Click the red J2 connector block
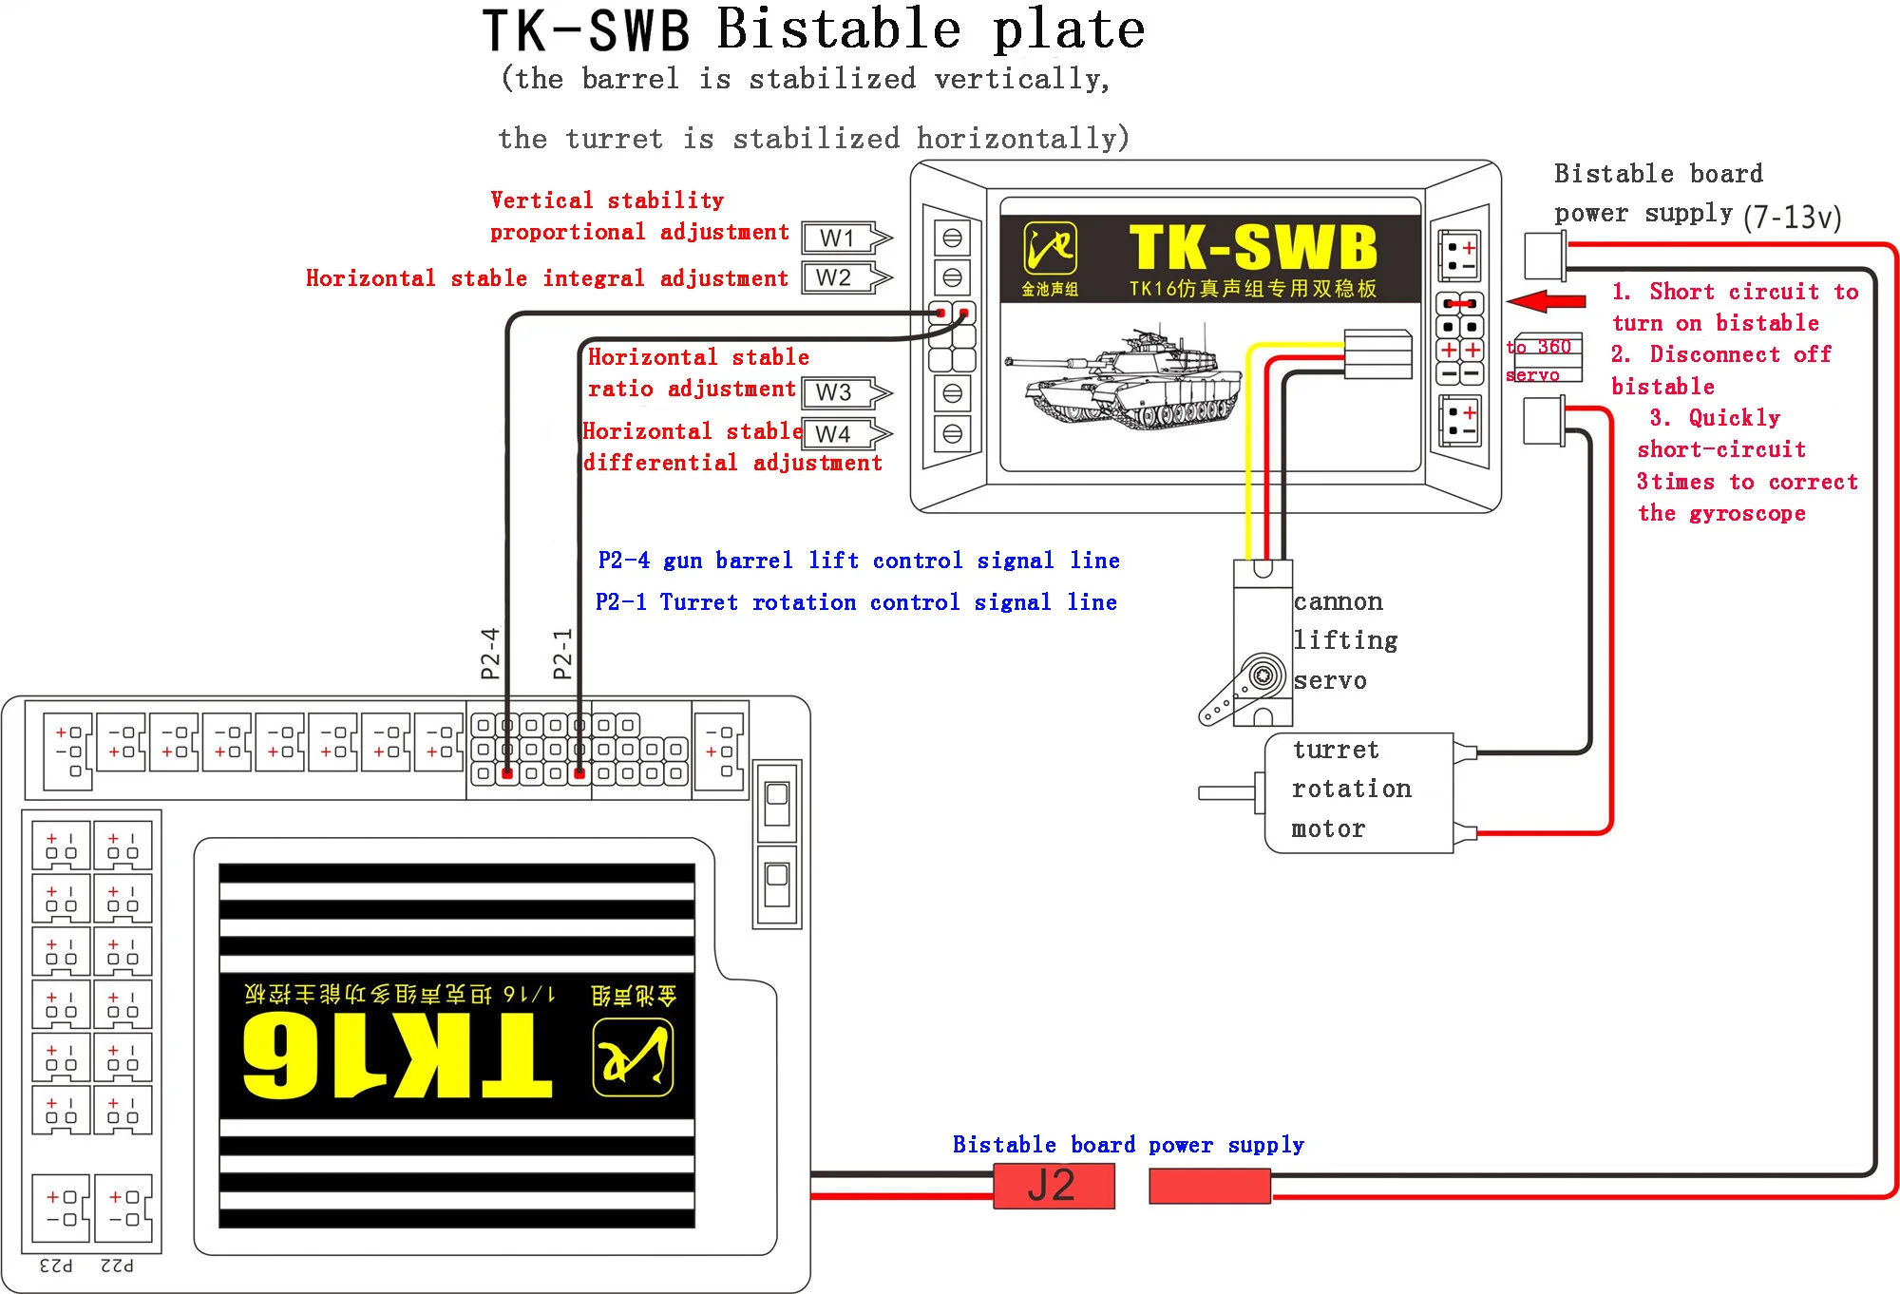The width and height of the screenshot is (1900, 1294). (x=1053, y=1186)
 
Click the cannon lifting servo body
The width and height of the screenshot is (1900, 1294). (x=1263, y=637)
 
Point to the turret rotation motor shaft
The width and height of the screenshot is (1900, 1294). (x=1227, y=792)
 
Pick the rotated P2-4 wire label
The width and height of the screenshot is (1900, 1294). (x=490, y=653)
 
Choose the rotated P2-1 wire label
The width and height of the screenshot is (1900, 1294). (x=562, y=653)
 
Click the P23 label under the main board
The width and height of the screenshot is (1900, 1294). (x=56, y=1265)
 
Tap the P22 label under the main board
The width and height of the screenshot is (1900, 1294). (x=117, y=1265)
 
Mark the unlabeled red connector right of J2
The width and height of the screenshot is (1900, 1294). (x=1209, y=1186)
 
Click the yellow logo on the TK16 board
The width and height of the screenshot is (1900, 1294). (x=633, y=1056)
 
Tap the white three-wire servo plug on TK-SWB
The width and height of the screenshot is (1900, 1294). (x=1377, y=354)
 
